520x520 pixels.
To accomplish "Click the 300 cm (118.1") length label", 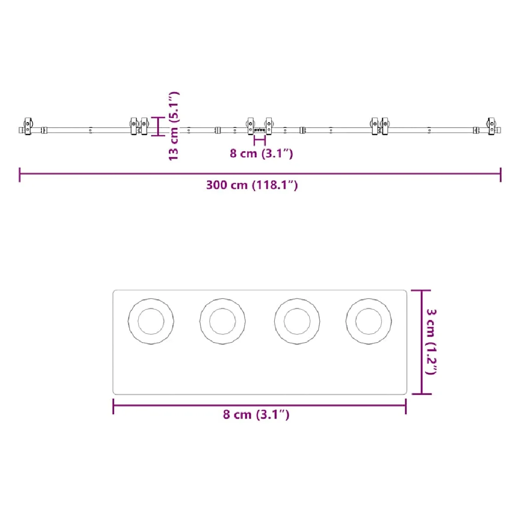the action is (252, 185).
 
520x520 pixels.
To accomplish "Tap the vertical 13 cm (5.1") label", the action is (174, 126).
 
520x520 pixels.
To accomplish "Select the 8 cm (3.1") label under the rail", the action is (261, 153).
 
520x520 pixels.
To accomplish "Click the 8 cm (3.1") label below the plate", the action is (256, 414).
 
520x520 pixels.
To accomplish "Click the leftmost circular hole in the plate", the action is (151, 321).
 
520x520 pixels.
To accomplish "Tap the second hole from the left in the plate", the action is (223, 321).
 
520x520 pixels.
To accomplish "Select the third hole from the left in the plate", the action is (297, 321).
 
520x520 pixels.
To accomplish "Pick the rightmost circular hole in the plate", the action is (369, 321).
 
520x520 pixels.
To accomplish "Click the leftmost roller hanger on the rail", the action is (28, 126).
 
